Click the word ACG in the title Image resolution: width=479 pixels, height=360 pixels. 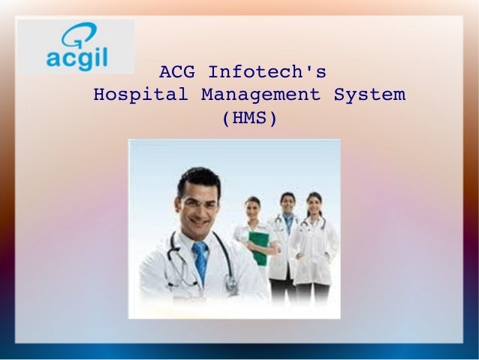pyautogui.click(x=178, y=73)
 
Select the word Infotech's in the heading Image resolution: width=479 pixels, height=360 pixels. pyautogui.click(x=267, y=73)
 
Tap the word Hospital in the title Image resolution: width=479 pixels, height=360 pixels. pyautogui.click(x=140, y=95)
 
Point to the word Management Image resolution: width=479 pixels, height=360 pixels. pyautogui.click(x=261, y=95)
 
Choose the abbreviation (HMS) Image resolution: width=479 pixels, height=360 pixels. pyautogui.click(x=250, y=118)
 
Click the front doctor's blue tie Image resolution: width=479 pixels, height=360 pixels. pyautogui.click(x=200, y=259)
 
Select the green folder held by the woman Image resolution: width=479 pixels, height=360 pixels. pyautogui.click(x=259, y=247)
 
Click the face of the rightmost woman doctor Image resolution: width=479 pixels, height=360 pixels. pyautogui.click(x=314, y=205)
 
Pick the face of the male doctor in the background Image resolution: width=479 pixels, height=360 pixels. pyautogui.click(x=288, y=204)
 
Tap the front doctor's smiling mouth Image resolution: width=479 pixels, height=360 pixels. pyautogui.click(x=203, y=222)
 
